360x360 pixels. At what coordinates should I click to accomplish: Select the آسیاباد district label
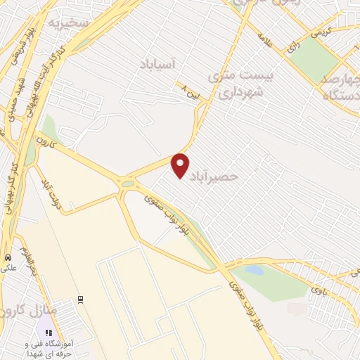162,64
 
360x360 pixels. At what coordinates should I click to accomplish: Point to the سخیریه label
66,22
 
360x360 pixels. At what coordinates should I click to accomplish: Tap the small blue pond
254,270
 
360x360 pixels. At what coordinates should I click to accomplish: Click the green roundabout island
127,184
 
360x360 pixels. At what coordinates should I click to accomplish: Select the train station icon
82,299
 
